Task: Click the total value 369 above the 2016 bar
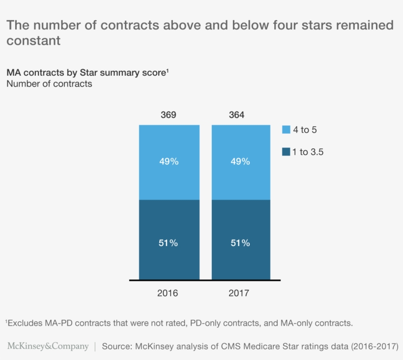[x=168, y=115]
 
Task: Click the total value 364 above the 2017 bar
[x=236, y=115]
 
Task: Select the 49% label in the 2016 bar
[x=169, y=162]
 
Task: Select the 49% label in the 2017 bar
[x=240, y=162]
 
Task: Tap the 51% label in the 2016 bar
[x=169, y=243]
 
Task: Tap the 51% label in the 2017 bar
[x=240, y=243]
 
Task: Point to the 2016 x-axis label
[x=168, y=293]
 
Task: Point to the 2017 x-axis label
[x=239, y=293]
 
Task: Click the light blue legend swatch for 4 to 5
[x=286, y=130]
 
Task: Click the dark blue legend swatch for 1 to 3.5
[x=286, y=152]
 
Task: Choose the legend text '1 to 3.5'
[x=308, y=152]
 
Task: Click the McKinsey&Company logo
[x=48, y=346]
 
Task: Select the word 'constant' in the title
[x=33, y=41]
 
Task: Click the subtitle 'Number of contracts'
[x=49, y=84]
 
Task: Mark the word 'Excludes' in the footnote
[x=24, y=323]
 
